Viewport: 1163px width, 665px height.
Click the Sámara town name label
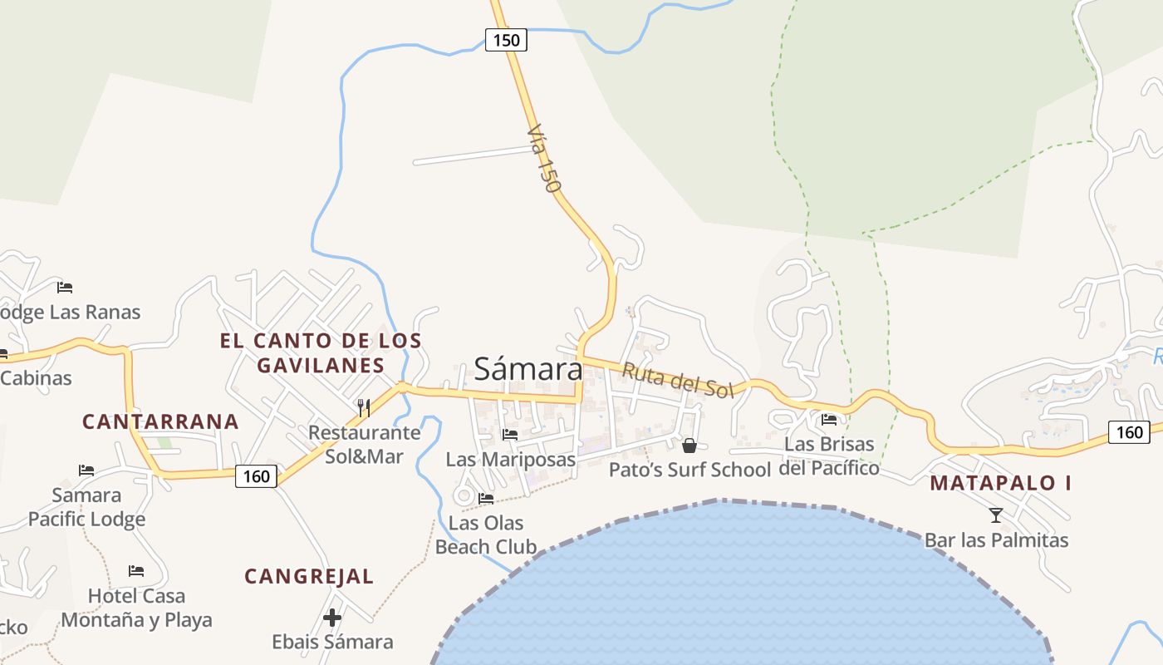(x=528, y=369)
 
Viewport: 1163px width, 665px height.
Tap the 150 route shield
(x=506, y=39)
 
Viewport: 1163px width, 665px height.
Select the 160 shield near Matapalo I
(x=1129, y=431)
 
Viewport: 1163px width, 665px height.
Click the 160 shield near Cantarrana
(x=257, y=476)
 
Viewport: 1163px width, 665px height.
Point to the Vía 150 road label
(x=542, y=159)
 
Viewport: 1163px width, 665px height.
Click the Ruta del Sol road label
(x=678, y=381)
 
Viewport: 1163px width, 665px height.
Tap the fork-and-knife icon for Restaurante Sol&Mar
(x=363, y=407)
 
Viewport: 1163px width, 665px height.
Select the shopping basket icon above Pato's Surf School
(x=689, y=446)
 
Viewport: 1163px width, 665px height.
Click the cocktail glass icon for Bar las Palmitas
(x=996, y=515)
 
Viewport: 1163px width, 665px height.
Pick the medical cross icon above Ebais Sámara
(x=332, y=618)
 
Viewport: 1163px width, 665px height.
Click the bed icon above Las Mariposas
(x=510, y=434)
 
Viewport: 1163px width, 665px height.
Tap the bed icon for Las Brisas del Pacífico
(x=828, y=420)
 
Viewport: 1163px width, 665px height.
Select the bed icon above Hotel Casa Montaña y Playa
(x=136, y=571)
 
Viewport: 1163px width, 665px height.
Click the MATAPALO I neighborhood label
(x=1000, y=483)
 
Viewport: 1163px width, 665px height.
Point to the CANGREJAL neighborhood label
(x=309, y=576)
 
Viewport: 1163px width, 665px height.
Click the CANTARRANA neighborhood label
(x=160, y=421)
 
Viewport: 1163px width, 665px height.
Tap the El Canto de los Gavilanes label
(x=321, y=352)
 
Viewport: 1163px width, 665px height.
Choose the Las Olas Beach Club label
(x=486, y=534)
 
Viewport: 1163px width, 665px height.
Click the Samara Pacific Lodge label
(x=86, y=507)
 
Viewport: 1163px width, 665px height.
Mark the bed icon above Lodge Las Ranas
(x=65, y=288)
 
